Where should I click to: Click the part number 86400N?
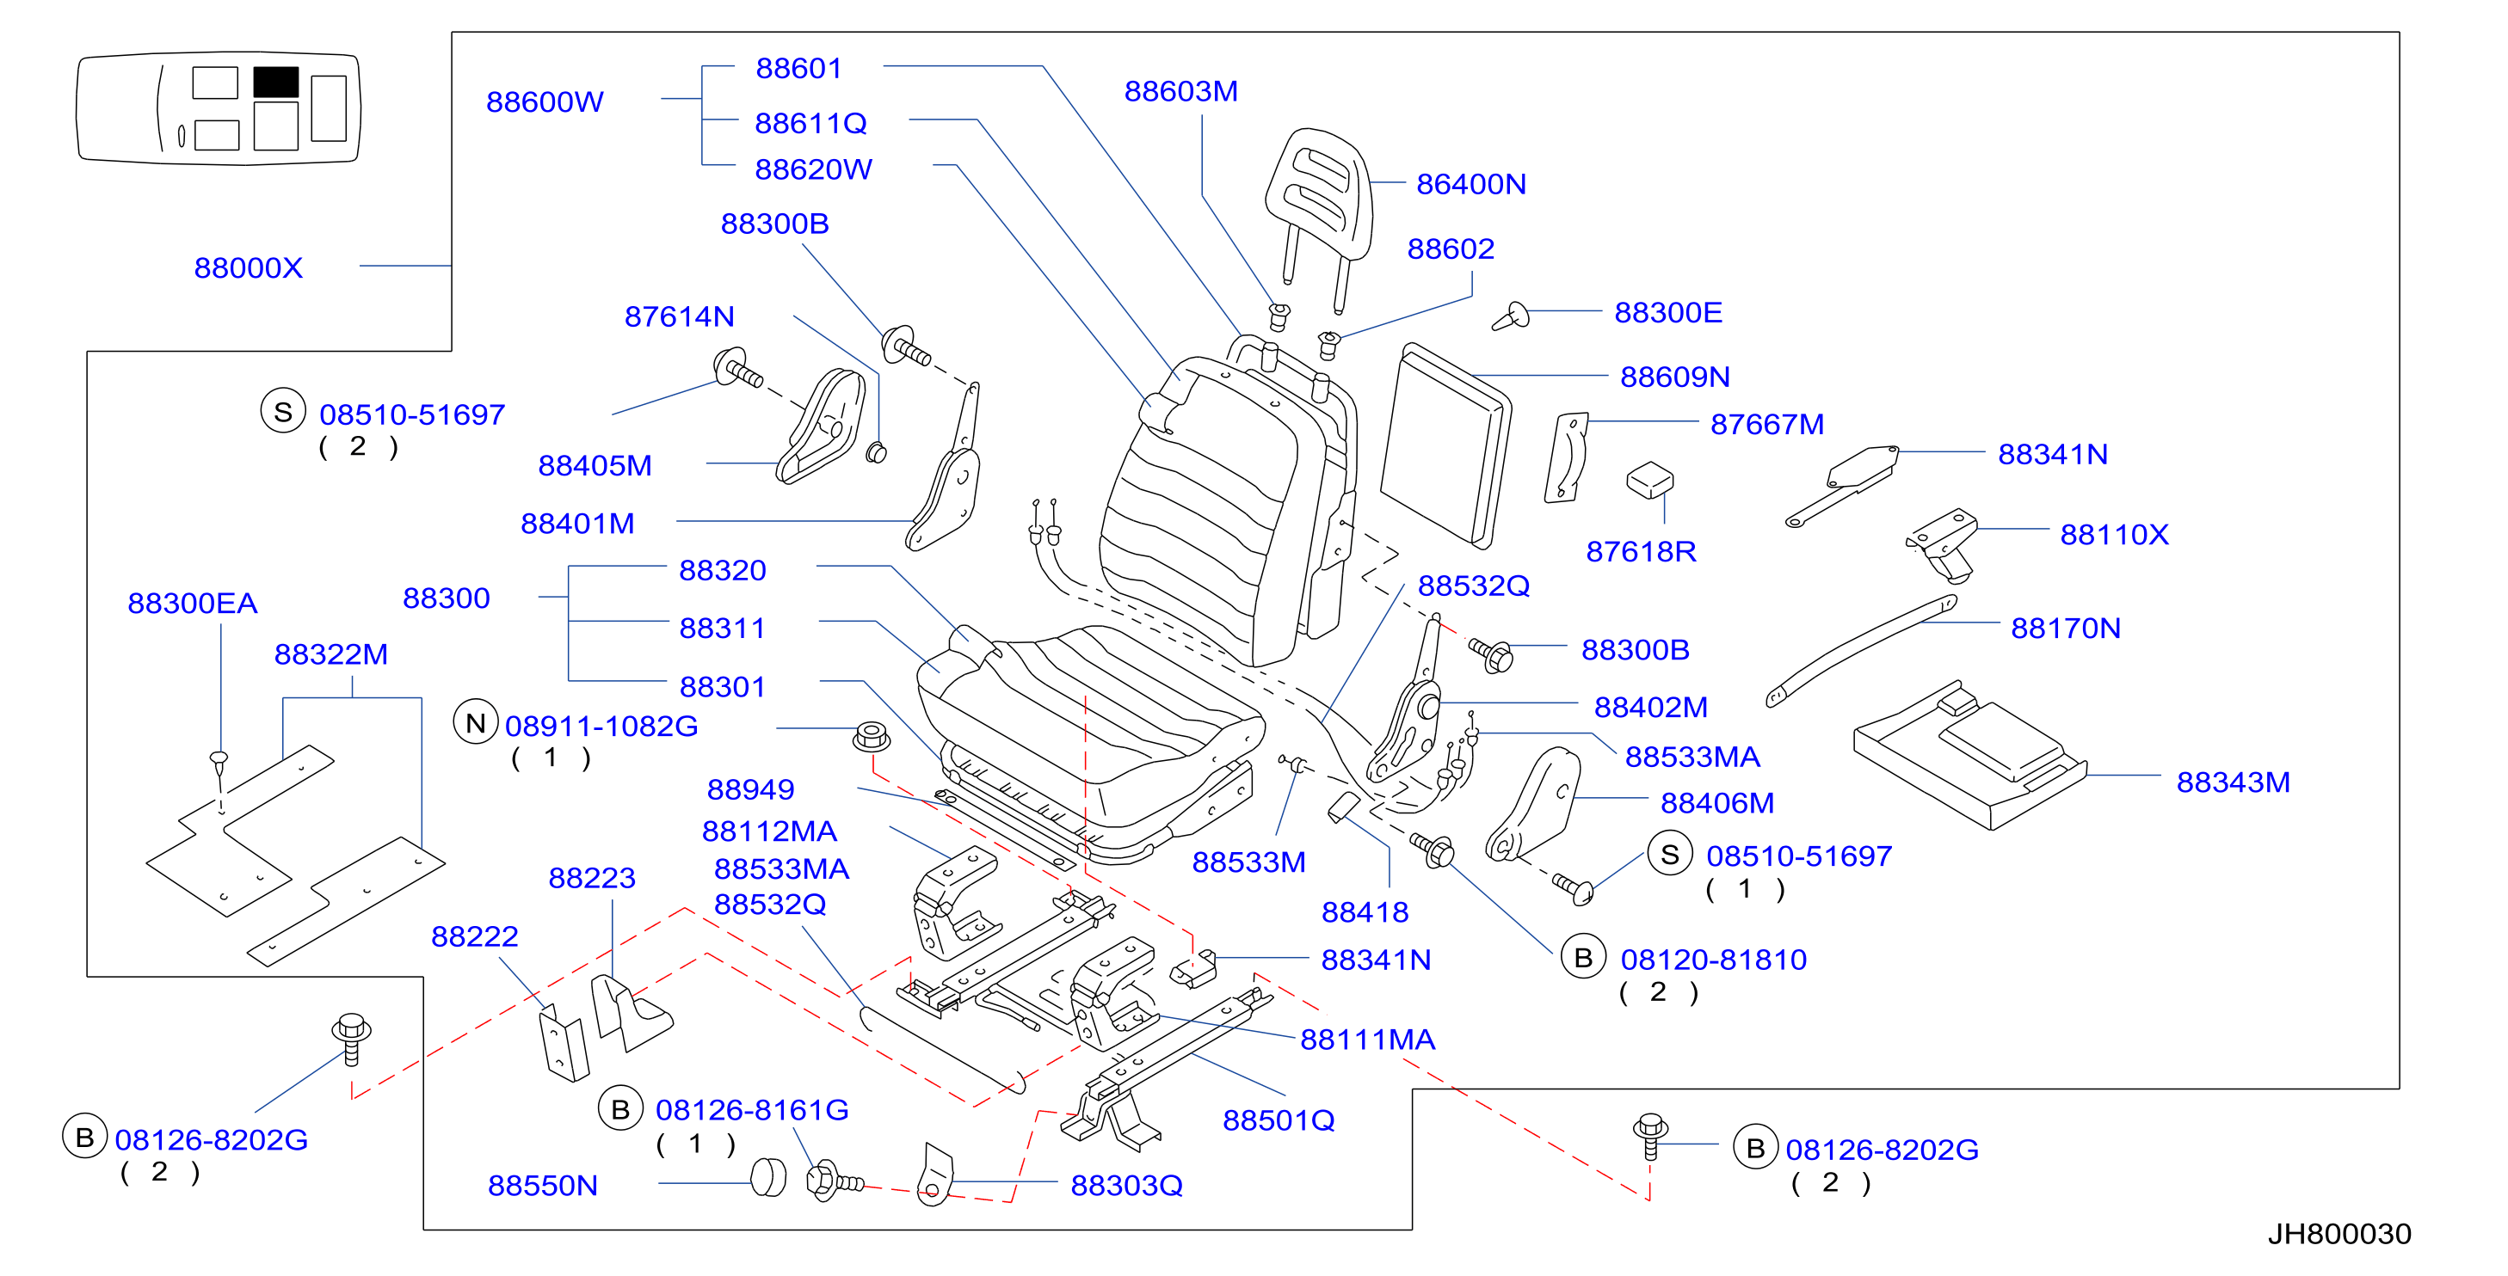point(1470,184)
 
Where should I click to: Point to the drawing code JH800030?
point(2339,1234)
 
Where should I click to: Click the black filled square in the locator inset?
point(275,82)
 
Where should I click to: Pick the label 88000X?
point(249,267)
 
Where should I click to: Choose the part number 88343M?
point(2233,782)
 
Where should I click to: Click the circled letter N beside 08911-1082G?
point(475,723)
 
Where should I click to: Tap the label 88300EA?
point(193,604)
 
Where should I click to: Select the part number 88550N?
point(542,1186)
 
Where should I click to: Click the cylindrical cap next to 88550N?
point(767,1178)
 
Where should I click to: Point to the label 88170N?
point(2065,628)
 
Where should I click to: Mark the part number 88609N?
point(1674,377)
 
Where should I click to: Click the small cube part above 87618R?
point(1649,480)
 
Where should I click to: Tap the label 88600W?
point(545,102)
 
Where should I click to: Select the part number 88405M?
point(595,465)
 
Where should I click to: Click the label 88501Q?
point(1279,1120)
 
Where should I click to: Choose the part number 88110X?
point(2114,534)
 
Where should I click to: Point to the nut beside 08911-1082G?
point(871,736)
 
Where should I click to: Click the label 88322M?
point(331,654)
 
